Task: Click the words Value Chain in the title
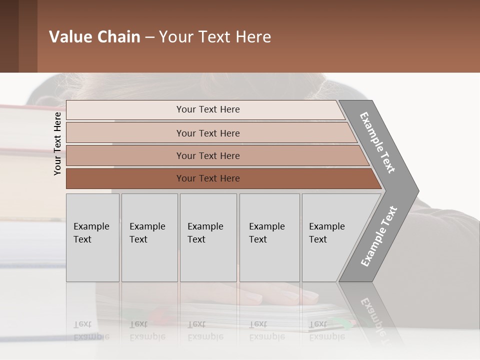click(94, 37)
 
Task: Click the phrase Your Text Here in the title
click(215, 37)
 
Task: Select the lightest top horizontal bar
click(205, 109)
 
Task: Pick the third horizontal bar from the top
click(215, 155)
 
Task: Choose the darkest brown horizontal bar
click(220, 178)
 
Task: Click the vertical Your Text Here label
click(57, 143)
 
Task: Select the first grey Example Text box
click(92, 237)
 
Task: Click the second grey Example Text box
click(149, 237)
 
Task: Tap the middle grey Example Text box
click(208, 237)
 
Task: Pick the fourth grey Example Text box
click(269, 237)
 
